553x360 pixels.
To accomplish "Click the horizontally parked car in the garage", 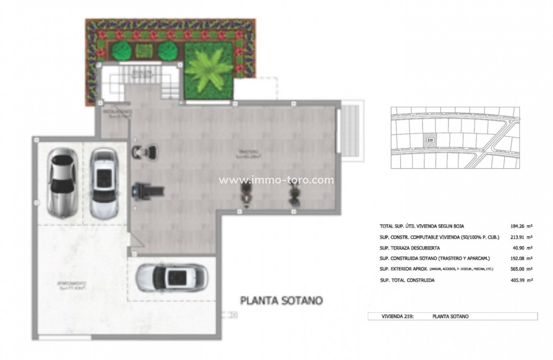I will click(x=172, y=277).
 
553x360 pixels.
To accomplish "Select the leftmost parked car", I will click(x=62, y=183).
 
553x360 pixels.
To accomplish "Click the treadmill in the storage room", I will click(x=148, y=192).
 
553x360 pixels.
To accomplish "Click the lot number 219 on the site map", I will click(x=429, y=140).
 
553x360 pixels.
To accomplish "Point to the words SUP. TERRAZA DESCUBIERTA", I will click(x=409, y=248).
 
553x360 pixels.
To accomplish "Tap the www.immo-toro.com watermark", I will click(x=276, y=180).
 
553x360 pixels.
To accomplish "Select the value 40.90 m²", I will click(x=522, y=248).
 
